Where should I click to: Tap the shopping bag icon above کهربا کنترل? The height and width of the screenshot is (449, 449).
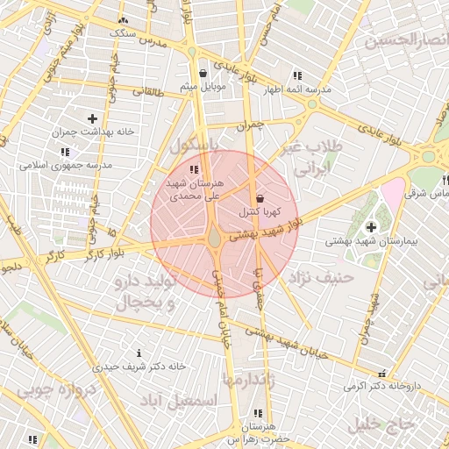(x=259, y=199)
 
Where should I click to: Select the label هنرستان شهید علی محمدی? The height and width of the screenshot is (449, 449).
(x=195, y=190)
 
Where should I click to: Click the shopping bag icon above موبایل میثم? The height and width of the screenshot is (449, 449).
(x=203, y=74)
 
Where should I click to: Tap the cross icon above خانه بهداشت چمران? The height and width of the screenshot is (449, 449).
(x=93, y=118)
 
